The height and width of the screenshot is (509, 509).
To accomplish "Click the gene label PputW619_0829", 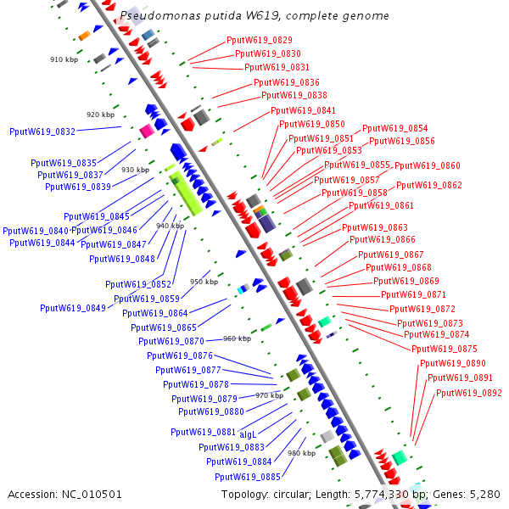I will click(260, 40).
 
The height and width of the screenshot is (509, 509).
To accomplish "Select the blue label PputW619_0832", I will click(42, 131).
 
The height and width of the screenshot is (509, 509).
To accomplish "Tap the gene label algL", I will click(248, 433).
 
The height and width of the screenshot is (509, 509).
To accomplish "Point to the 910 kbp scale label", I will click(64, 59).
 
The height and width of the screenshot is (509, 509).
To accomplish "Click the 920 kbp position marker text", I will click(100, 115).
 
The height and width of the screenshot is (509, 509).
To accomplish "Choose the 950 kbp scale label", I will click(204, 282).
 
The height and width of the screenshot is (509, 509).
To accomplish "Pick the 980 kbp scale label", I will click(301, 453).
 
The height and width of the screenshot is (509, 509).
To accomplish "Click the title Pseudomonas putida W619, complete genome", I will click(255, 15).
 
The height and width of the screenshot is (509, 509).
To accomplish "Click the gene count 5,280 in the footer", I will click(484, 494).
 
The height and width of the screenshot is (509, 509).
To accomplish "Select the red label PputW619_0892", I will click(469, 393).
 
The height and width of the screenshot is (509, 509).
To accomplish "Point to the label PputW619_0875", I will click(445, 349).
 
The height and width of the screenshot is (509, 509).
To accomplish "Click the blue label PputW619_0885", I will click(248, 477).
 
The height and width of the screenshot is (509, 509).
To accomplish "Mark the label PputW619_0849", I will click(72, 307).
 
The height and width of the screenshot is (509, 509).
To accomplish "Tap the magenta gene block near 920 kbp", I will click(147, 131).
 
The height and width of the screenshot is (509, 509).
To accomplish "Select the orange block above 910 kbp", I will click(84, 36).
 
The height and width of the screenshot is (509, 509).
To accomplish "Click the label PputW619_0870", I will click(171, 341).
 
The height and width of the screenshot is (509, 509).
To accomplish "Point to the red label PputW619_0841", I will click(303, 110).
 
